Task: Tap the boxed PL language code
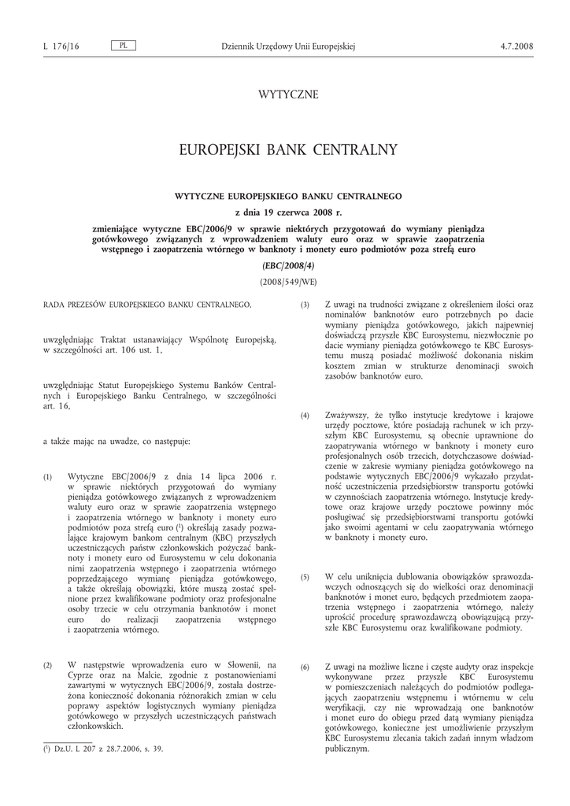[123, 46]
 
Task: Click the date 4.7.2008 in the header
[516, 46]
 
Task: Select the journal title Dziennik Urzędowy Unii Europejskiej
[289, 46]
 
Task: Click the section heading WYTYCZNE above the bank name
[288, 94]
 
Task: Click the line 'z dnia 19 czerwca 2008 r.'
[288, 212]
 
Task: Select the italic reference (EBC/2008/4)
[288, 265]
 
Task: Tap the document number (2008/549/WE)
[288, 281]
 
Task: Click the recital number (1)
[48, 477]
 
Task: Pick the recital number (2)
[48, 665]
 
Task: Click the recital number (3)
[305, 305]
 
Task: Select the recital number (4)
[305, 415]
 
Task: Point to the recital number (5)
[305, 577]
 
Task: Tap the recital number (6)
[305, 667]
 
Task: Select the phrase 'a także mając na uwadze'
[89, 442]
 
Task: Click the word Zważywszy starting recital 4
[347, 415]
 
